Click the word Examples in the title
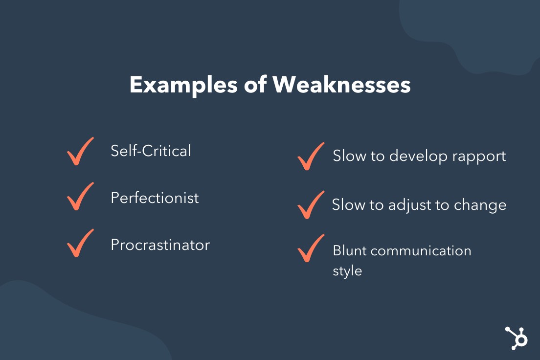[183, 85]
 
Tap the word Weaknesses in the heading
[341, 85]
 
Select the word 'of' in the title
[255, 84]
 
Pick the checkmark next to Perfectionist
[80, 196]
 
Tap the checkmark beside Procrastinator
[80, 243]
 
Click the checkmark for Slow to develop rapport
[311, 156]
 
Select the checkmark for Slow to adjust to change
[311, 204]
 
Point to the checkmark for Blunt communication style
[311, 248]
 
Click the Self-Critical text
[151, 151]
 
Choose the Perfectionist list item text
[155, 198]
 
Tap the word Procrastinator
[160, 245]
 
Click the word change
[480, 205]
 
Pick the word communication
[421, 251]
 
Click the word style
[347, 271]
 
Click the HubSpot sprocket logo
[516, 338]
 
